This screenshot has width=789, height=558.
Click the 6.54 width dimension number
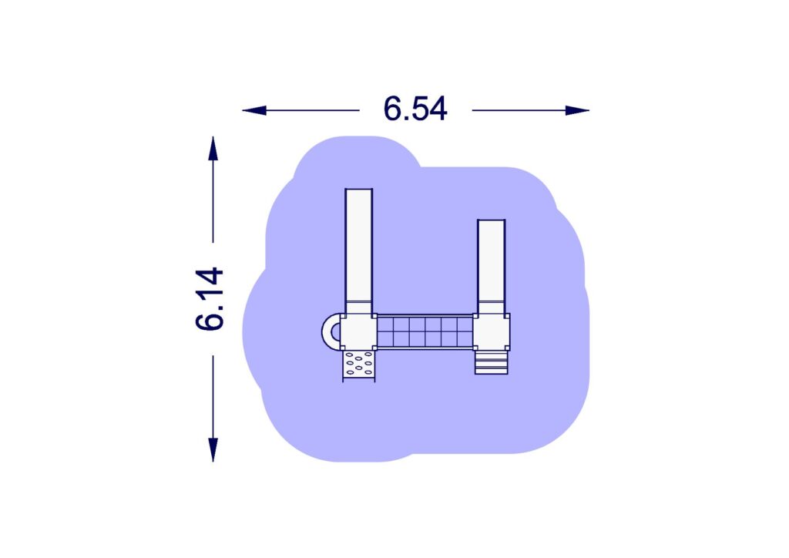click(x=415, y=109)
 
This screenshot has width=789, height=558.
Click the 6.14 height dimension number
click(x=210, y=299)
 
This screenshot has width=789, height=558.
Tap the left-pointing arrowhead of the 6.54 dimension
click(x=254, y=110)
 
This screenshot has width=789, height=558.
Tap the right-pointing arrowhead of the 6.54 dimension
click(x=577, y=110)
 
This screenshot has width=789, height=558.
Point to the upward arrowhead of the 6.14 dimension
click(x=213, y=149)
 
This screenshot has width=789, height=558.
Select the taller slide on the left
click(x=359, y=251)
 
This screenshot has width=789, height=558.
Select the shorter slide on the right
click(x=491, y=267)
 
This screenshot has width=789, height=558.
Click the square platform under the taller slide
click(x=358, y=331)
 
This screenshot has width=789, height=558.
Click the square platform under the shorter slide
click(x=492, y=331)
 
